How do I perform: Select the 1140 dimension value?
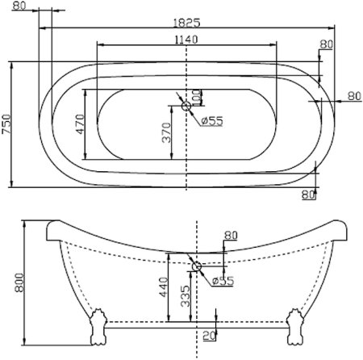pos(186,40)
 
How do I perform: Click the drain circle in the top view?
pos(186,105)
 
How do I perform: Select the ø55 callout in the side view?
pos(222,280)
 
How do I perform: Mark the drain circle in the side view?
pos(196,265)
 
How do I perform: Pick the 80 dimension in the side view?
pos(232,236)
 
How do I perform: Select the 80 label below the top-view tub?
pos(308,194)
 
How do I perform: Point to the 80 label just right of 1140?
pos(326,44)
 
